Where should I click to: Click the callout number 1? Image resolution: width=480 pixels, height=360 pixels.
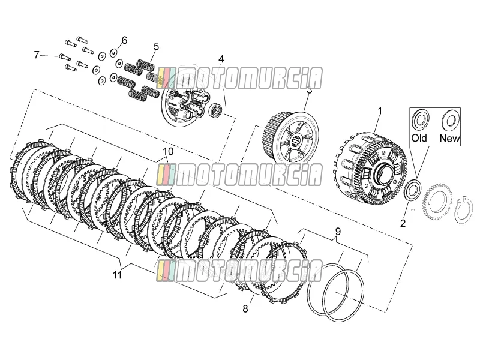pyautogui.click(x=380, y=111)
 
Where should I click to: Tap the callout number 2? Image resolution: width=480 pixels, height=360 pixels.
pyautogui.click(x=403, y=223)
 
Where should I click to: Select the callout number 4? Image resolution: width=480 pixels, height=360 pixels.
pyautogui.click(x=221, y=59)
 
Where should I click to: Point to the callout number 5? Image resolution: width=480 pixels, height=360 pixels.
pyautogui.click(x=157, y=47)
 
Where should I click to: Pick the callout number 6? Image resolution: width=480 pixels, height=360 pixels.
pyautogui.click(x=124, y=40)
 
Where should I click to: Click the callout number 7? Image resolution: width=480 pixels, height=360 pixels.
pyautogui.click(x=37, y=55)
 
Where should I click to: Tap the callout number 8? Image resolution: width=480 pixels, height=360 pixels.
pyautogui.click(x=245, y=309)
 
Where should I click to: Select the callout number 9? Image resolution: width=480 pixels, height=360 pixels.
pyautogui.click(x=338, y=232)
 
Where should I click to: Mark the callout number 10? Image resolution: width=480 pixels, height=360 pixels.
pyautogui.click(x=168, y=151)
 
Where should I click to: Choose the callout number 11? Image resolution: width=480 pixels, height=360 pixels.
pyautogui.click(x=117, y=275)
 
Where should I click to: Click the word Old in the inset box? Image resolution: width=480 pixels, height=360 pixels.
pyautogui.click(x=419, y=138)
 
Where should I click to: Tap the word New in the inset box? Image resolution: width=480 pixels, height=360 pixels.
pyautogui.click(x=449, y=139)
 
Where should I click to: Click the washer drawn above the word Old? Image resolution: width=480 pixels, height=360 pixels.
pyautogui.click(x=421, y=119)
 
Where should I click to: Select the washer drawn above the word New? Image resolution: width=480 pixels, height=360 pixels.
pyautogui.click(x=450, y=119)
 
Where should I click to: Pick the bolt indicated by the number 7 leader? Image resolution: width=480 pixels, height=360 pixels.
pyautogui.click(x=65, y=56)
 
